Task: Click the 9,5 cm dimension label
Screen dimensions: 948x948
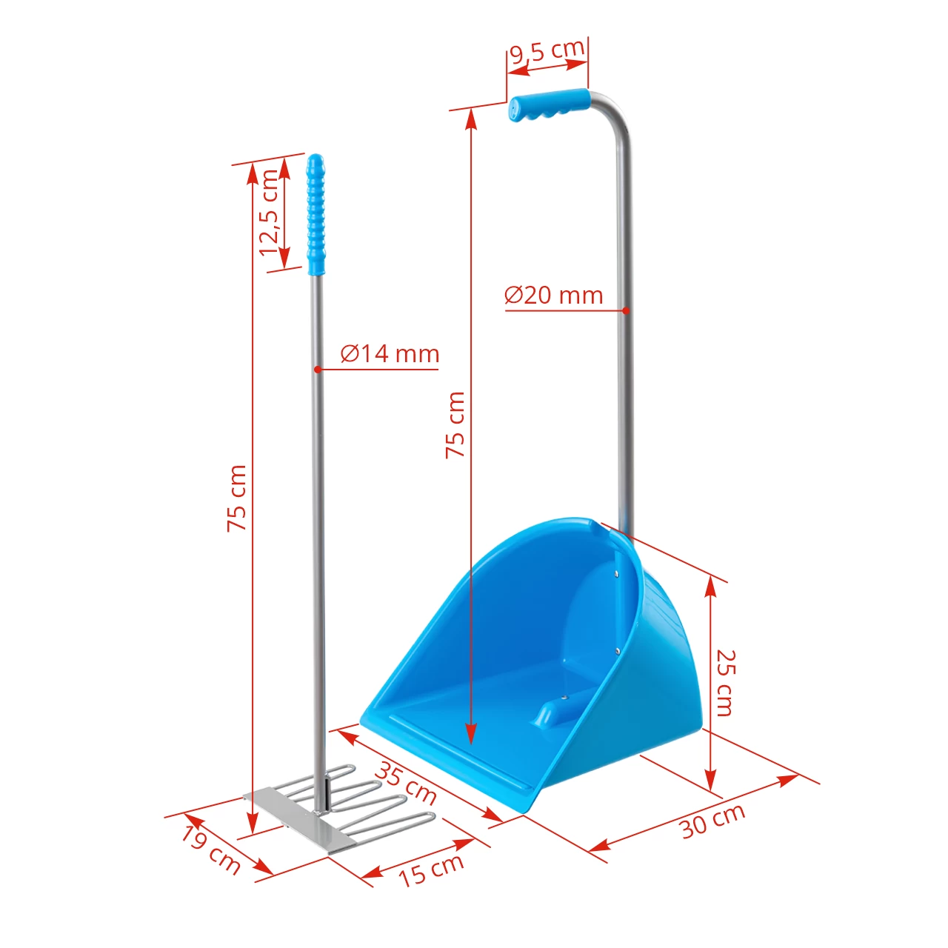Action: coord(547,51)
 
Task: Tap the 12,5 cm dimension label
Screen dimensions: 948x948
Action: coord(269,213)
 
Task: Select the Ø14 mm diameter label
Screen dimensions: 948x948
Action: coord(390,353)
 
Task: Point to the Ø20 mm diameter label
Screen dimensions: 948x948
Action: coord(553,295)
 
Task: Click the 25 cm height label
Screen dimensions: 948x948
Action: coord(725,683)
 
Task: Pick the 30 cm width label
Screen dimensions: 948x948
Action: coord(712,821)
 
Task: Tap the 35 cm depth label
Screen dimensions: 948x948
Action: coord(405,783)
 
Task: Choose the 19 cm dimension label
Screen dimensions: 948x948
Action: coord(211,849)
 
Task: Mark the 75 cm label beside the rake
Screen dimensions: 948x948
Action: coord(236,498)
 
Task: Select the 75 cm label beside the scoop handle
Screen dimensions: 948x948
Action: coord(455,424)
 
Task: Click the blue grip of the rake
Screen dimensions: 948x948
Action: coord(316,215)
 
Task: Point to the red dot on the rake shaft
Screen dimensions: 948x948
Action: coord(316,369)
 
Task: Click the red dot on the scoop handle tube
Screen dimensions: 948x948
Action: coord(626,310)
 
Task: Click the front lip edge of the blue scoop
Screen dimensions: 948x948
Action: coord(452,763)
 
